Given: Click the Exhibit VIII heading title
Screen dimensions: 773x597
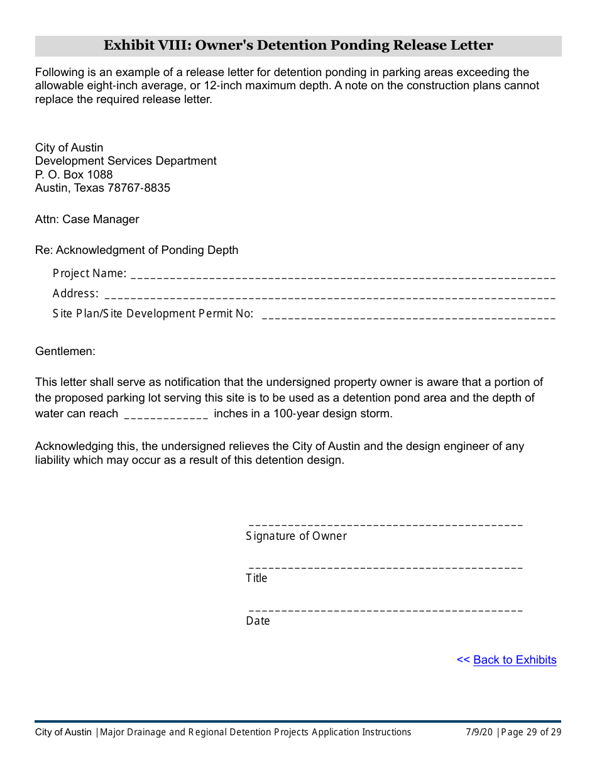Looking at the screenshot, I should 298,45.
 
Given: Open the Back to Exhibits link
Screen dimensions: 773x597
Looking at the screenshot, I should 515,660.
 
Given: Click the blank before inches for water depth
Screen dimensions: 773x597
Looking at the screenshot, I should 166,416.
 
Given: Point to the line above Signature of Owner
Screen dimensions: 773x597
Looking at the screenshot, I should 386,524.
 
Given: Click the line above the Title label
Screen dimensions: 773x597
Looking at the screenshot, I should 386,567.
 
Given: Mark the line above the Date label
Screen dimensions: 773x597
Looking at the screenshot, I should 386,610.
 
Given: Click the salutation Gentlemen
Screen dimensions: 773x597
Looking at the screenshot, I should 65,351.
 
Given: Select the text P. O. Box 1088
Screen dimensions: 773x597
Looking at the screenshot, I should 74,175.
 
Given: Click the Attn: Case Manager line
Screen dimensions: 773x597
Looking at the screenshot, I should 87,219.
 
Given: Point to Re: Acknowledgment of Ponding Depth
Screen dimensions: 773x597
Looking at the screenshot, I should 137,250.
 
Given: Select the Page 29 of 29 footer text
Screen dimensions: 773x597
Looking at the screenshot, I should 531,732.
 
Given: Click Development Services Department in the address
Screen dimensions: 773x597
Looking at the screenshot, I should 126,161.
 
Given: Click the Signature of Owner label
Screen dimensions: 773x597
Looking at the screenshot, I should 296,536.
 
